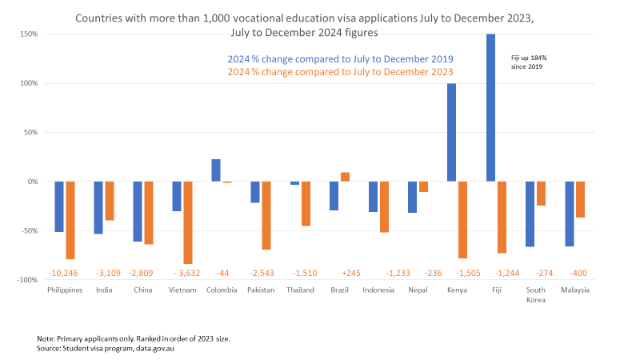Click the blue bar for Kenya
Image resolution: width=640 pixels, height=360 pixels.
coord(451,132)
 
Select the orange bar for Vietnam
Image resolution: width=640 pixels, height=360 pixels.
coord(188,222)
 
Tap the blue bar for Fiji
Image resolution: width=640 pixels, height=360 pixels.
coord(490,107)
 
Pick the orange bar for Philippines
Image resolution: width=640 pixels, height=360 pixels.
coord(70,220)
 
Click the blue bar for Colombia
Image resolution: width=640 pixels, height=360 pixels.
coord(216,170)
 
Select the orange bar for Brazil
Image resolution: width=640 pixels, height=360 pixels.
coord(345,177)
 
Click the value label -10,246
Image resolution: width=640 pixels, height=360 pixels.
coord(66,273)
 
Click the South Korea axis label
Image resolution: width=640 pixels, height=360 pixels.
coord(535,294)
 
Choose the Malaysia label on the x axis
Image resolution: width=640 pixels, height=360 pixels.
coord(574,290)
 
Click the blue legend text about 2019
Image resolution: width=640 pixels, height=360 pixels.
coord(339,59)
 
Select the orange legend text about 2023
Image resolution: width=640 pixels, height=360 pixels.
coord(339,72)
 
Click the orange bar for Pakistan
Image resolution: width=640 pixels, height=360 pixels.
coord(266,215)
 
